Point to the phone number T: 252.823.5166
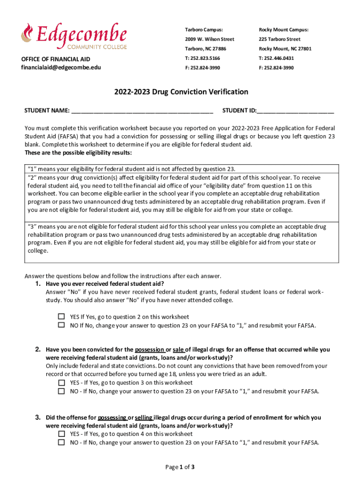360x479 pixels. (x=202, y=58)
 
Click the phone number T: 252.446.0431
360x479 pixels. (x=276, y=58)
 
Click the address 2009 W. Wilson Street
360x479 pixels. (x=209, y=39)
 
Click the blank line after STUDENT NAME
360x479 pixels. (x=142, y=111)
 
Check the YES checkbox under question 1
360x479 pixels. (x=61, y=316)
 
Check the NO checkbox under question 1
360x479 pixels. (x=61, y=325)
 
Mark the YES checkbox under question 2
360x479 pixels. (x=61, y=382)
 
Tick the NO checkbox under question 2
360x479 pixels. (x=61, y=391)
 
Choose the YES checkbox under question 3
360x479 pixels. (x=61, y=434)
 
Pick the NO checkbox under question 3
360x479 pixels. (x=61, y=442)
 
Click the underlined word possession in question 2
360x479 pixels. (x=149, y=349)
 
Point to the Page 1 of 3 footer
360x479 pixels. (x=180, y=467)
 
